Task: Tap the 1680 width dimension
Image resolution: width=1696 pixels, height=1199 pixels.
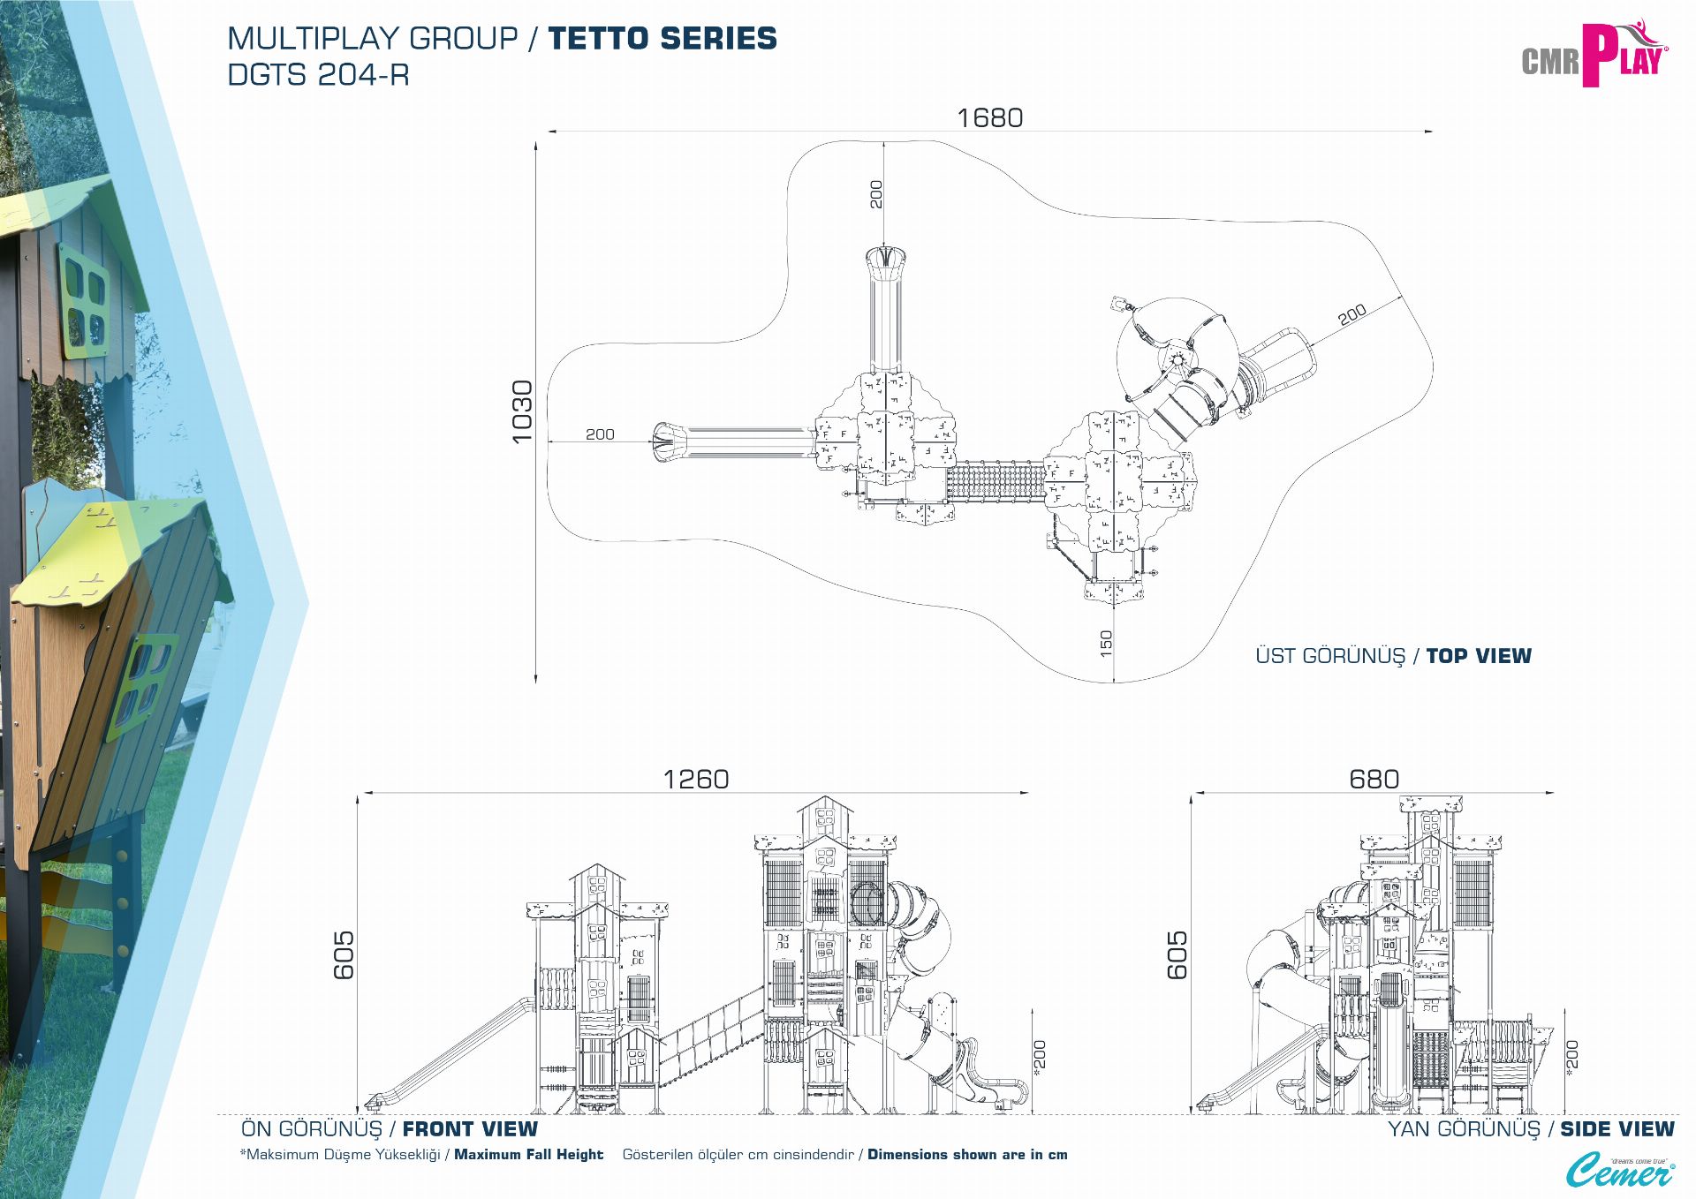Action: [x=989, y=117]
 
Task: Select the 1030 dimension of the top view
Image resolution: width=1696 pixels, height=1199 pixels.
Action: [x=522, y=411]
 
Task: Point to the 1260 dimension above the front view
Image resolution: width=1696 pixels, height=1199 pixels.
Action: [x=696, y=779]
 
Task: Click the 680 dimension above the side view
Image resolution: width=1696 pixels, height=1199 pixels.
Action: [x=1374, y=779]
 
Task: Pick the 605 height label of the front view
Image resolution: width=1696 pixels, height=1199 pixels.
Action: [x=344, y=955]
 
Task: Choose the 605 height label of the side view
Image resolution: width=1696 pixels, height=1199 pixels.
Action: [x=1177, y=955]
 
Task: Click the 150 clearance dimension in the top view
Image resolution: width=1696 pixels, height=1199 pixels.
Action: [x=1106, y=643]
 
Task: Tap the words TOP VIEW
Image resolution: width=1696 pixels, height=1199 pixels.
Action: [x=1479, y=656]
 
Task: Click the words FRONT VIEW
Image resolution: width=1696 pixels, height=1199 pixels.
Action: [x=470, y=1129]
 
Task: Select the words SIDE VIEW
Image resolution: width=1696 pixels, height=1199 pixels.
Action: [x=1616, y=1129]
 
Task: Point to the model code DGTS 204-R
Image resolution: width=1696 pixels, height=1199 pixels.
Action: [x=318, y=75]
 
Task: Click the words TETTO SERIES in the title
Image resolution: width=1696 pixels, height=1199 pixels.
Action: [x=662, y=39]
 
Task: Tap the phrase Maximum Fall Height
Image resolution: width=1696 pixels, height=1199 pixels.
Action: [x=528, y=1155]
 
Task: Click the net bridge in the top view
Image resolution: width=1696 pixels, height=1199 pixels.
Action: [x=995, y=481]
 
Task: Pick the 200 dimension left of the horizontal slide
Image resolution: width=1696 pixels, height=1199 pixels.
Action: [x=600, y=434]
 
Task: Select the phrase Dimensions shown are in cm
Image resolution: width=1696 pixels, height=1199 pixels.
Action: [x=967, y=1155]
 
